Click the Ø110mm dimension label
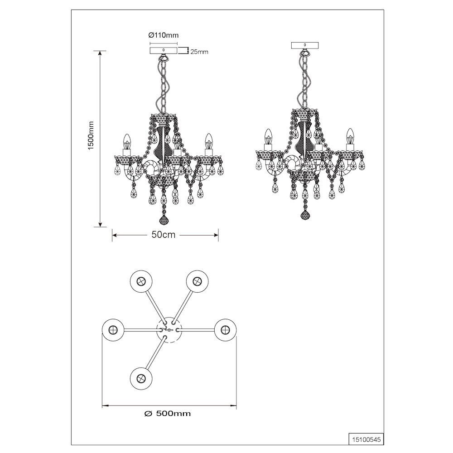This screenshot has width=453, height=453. point(163,35)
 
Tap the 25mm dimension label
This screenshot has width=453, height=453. point(199,52)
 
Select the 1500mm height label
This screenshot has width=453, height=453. point(92,135)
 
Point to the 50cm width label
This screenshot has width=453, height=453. point(164,235)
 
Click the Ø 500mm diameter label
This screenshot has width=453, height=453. point(168,414)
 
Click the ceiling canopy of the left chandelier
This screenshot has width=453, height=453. point(164,51)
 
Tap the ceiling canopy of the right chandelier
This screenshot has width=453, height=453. point(305,45)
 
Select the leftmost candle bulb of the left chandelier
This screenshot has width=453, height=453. point(126,141)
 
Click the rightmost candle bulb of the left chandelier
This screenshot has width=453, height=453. point(207,141)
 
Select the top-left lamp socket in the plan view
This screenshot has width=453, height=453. point(141,281)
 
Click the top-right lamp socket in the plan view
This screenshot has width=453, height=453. point(197,281)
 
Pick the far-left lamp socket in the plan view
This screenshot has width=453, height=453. point(113,330)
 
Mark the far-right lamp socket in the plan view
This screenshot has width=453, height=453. point(225,330)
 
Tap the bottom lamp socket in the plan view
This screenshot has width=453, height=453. point(141,378)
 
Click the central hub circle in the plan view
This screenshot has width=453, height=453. point(169,330)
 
